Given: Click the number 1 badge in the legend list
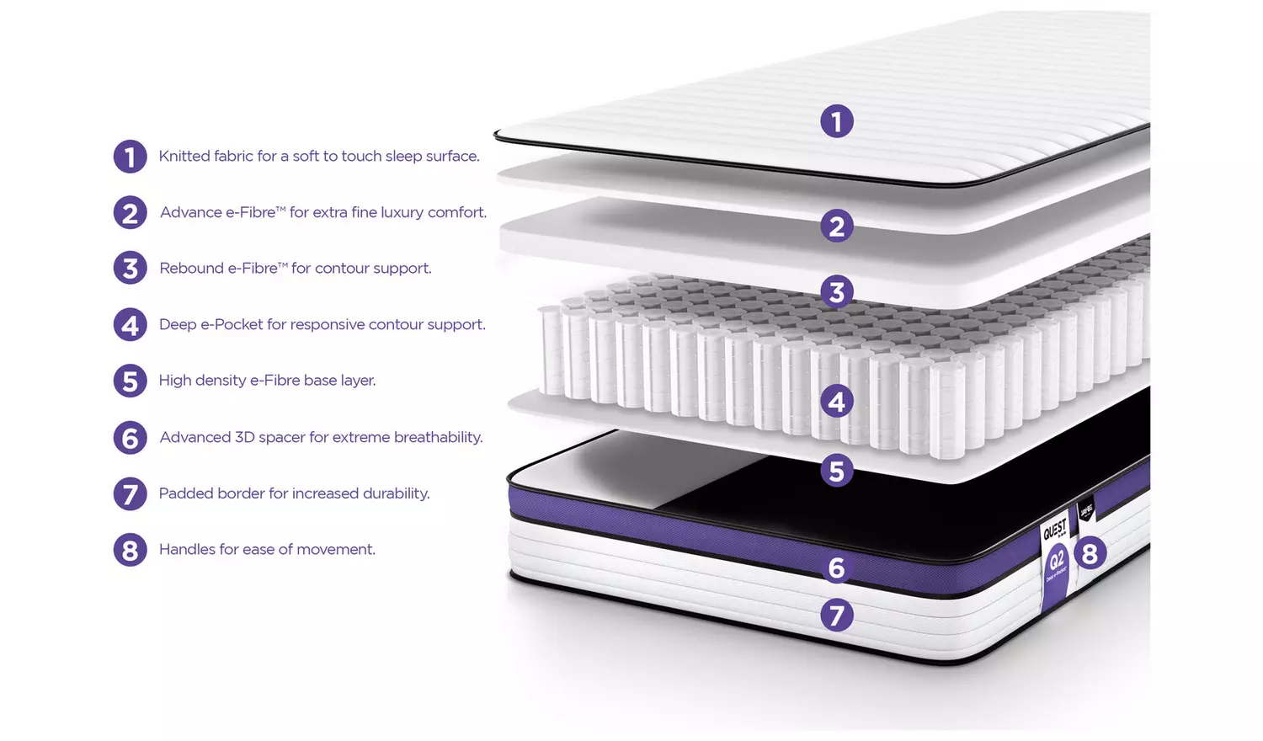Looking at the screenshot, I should [x=130, y=157].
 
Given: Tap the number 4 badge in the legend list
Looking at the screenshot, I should [x=130, y=325].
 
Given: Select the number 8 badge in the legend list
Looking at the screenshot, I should [x=130, y=550].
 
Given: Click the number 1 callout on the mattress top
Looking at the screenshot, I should [x=836, y=121].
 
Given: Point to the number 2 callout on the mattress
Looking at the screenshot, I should [x=836, y=226].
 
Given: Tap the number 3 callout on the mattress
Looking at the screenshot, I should [x=836, y=291].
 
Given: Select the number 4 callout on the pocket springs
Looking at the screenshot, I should [x=836, y=402].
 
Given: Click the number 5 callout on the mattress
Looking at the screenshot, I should [x=836, y=471].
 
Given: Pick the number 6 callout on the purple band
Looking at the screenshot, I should [x=836, y=568].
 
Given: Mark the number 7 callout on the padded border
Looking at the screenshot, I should [x=836, y=616].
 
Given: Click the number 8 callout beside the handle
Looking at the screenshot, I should [x=1090, y=553].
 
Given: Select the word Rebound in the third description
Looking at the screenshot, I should [x=191, y=269].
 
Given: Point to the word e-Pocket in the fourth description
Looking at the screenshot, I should [x=232, y=325].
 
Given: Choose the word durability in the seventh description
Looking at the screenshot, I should [x=396, y=493].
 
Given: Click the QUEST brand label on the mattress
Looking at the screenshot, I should [x=1055, y=530].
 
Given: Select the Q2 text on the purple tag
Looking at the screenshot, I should [x=1056, y=560].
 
